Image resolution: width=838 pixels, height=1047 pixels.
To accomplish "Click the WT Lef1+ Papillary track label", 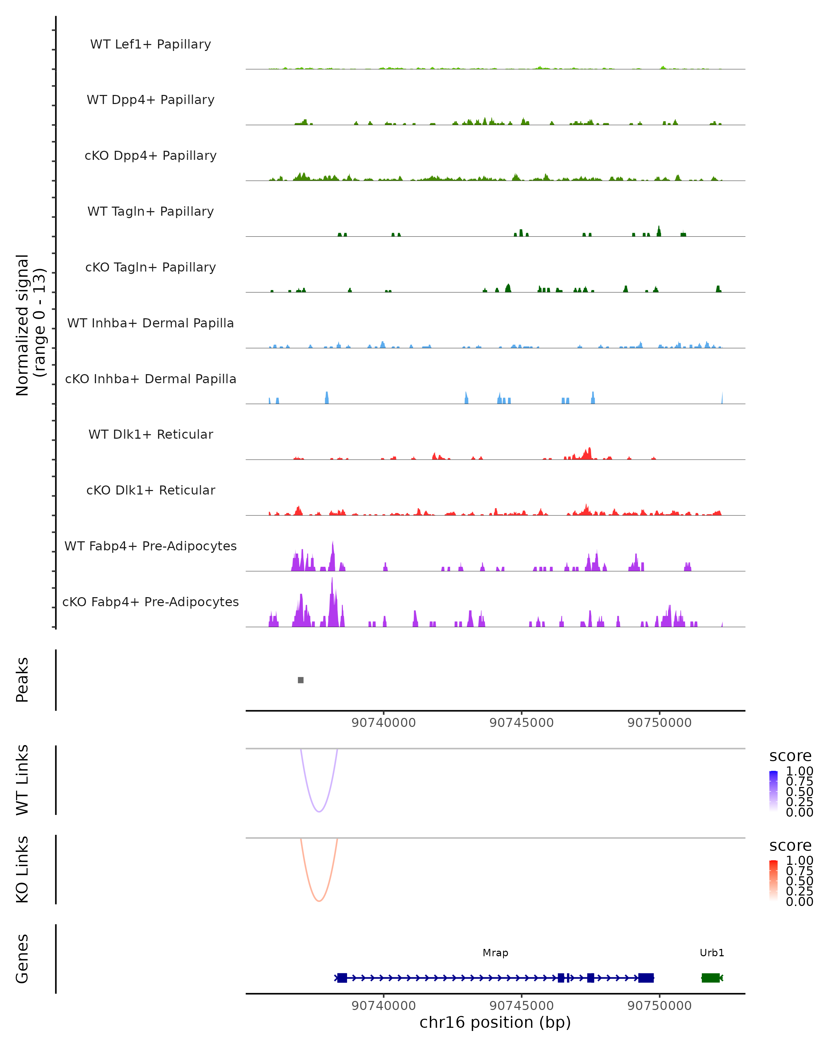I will tap(150, 44).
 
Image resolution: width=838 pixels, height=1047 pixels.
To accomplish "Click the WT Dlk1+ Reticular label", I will tap(150, 434).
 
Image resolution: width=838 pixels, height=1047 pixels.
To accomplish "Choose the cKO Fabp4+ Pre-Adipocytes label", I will tap(150, 602).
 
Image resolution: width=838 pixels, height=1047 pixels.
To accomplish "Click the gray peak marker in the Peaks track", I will tap(301, 680).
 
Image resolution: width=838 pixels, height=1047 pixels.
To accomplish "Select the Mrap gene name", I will tap(495, 953).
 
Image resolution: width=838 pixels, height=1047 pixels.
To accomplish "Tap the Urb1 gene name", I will tap(712, 953).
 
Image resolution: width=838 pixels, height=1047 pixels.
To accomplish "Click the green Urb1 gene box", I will tap(710, 978).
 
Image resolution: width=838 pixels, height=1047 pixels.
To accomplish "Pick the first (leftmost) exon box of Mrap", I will tap(342, 978).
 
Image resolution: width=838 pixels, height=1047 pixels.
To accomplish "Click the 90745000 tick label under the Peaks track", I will tap(521, 723).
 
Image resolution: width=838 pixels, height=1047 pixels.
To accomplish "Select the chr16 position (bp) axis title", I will tap(495, 1023).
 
